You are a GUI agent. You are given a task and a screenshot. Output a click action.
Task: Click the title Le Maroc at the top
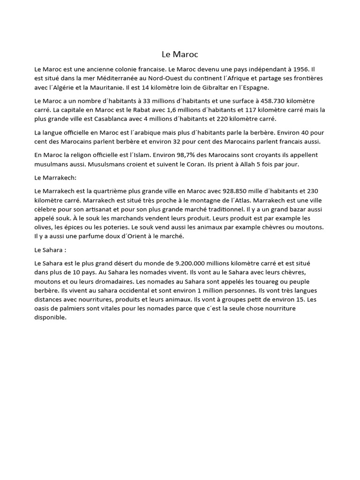click(x=180, y=54)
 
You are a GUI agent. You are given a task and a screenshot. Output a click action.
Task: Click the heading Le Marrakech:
click(x=56, y=178)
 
